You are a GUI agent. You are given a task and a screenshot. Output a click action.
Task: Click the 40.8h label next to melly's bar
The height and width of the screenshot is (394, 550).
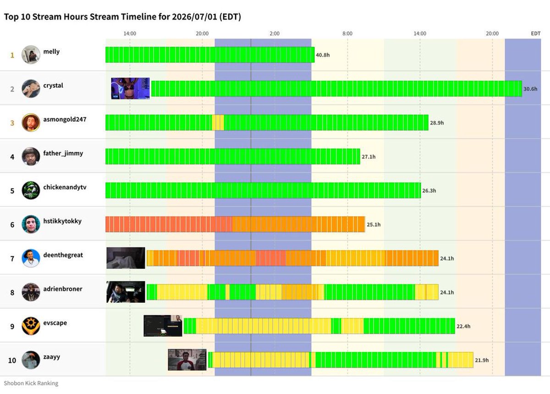[x=323, y=55]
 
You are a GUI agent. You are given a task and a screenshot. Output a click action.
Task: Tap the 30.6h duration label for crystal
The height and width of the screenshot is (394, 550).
[x=530, y=89]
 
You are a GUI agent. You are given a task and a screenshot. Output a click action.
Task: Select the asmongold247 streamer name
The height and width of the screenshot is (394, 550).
[x=65, y=120]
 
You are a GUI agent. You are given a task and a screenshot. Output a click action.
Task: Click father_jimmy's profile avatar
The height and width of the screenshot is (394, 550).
[x=31, y=156]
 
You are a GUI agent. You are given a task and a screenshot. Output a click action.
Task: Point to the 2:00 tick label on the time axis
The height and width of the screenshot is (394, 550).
[x=275, y=33]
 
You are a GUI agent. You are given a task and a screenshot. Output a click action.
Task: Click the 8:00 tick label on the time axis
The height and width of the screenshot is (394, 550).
[x=347, y=33]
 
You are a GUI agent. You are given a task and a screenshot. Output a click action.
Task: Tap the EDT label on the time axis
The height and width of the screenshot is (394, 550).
[x=535, y=33]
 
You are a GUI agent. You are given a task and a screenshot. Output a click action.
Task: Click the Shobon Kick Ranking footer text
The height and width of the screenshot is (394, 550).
[x=31, y=383]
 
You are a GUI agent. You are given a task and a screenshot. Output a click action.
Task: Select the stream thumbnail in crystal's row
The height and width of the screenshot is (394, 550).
[x=130, y=88]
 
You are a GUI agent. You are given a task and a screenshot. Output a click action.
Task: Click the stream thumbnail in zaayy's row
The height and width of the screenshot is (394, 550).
[x=187, y=360]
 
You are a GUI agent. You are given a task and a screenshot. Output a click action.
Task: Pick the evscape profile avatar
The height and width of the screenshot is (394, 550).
[x=31, y=326]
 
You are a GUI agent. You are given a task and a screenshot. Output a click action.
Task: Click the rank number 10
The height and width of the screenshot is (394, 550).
[x=12, y=361]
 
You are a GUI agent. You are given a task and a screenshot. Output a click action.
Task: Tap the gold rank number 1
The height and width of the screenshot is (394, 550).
[x=12, y=55]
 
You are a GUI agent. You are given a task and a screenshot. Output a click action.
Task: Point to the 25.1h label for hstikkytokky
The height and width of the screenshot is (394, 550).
[x=374, y=224]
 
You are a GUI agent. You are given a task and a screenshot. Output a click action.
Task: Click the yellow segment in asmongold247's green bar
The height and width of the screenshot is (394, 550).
[x=218, y=122]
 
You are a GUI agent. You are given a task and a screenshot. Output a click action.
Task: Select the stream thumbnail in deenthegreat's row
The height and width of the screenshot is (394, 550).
[x=126, y=258]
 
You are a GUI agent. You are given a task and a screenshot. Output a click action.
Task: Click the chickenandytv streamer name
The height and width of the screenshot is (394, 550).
[x=65, y=187]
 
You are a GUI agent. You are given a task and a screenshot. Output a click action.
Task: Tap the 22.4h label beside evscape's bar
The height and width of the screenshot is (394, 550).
[x=463, y=326]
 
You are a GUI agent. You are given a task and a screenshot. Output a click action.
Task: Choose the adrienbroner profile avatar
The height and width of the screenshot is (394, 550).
[x=31, y=292]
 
